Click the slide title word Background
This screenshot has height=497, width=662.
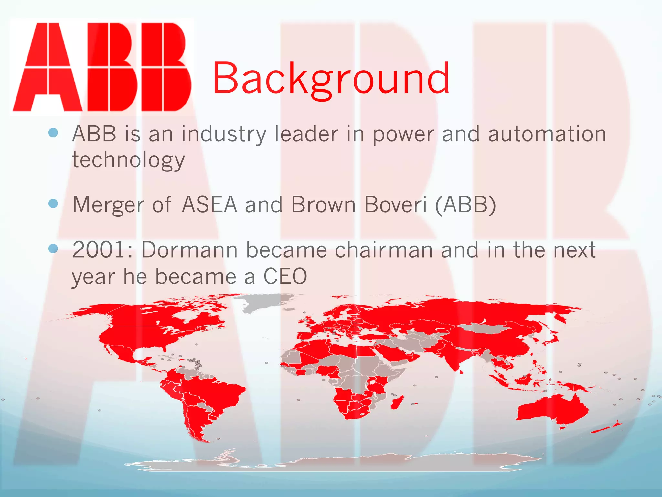[x=330, y=79]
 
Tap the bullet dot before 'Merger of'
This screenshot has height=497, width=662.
[x=53, y=204]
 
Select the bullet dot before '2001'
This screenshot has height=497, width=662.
[x=53, y=248]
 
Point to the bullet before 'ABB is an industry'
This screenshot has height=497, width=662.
[x=53, y=132]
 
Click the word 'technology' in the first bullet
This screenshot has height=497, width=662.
[x=128, y=160]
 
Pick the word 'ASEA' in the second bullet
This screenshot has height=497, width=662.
[x=209, y=204]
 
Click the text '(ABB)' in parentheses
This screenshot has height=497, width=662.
[x=465, y=205]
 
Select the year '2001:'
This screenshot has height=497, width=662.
[x=103, y=250]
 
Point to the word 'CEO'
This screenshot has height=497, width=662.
[x=285, y=277]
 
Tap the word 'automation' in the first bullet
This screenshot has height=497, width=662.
[x=547, y=134]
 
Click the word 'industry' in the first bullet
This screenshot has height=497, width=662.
[x=224, y=135]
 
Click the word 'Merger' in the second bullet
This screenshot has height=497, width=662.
[x=108, y=205]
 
